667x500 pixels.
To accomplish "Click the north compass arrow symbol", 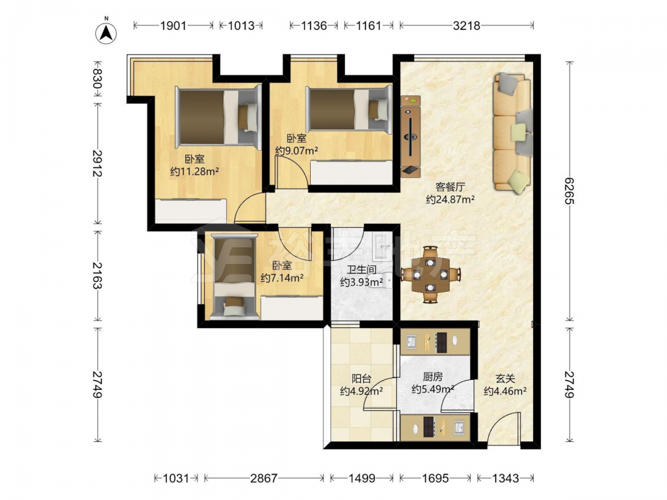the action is (x=106, y=33).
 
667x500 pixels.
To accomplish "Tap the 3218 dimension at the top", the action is (x=466, y=25).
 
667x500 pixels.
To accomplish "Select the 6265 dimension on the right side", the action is (x=569, y=191).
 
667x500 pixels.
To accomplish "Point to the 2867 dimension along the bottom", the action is (x=263, y=478).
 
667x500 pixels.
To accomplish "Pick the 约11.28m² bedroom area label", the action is (x=194, y=171).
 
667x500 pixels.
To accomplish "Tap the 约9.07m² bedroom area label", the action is (x=297, y=151).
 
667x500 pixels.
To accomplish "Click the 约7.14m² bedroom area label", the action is (x=282, y=278).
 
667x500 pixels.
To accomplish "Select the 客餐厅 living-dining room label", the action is (x=450, y=187).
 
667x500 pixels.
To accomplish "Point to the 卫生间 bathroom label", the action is (x=361, y=269).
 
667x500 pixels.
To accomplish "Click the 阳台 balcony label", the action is (x=361, y=378).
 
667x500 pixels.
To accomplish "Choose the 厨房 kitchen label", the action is (x=433, y=376).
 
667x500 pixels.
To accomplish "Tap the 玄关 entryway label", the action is (x=506, y=378).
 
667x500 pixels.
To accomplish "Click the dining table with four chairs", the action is (x=431, y=275).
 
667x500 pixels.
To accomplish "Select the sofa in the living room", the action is (x=512, y=133).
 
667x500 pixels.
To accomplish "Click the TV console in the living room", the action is (x=410, y=136).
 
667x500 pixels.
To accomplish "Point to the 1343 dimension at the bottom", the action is (x=506, y=478).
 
